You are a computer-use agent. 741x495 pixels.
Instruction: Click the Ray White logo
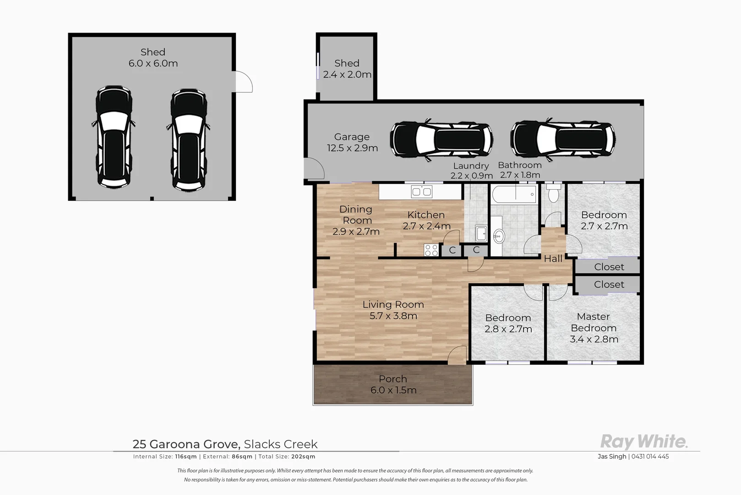tap(643, 442)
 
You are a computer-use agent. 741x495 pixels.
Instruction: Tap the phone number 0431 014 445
tap(650, 456)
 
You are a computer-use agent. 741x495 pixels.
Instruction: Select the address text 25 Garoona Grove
tap(186, 444)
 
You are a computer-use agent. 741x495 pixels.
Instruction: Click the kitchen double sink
tap(421, 192)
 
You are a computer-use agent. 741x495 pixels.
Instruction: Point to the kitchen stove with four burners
tap(431, 250)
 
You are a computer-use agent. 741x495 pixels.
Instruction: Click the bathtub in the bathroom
tap(514, 194)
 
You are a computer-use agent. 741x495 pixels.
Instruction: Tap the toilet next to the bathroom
tap(553, 193)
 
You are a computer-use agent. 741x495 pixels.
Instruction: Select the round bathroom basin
tap(499, 236)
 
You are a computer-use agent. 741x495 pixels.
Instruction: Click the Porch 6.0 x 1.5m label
tap(393, 385)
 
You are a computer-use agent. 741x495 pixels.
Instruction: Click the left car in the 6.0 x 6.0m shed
tap(113, 137)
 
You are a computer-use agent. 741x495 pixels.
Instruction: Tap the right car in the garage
tap(563, 141)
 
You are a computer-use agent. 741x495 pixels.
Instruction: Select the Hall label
tap(553, 259)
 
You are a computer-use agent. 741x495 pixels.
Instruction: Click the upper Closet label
tap(609, 267)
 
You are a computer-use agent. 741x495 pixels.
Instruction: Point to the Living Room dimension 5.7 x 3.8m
tap(393, 316)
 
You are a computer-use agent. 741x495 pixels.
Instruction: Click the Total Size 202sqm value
tap(303, 456)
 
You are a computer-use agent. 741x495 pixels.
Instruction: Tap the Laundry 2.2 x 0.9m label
tap(471, 170)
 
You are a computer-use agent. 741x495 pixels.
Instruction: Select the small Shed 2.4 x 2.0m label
tap(347, 69)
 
